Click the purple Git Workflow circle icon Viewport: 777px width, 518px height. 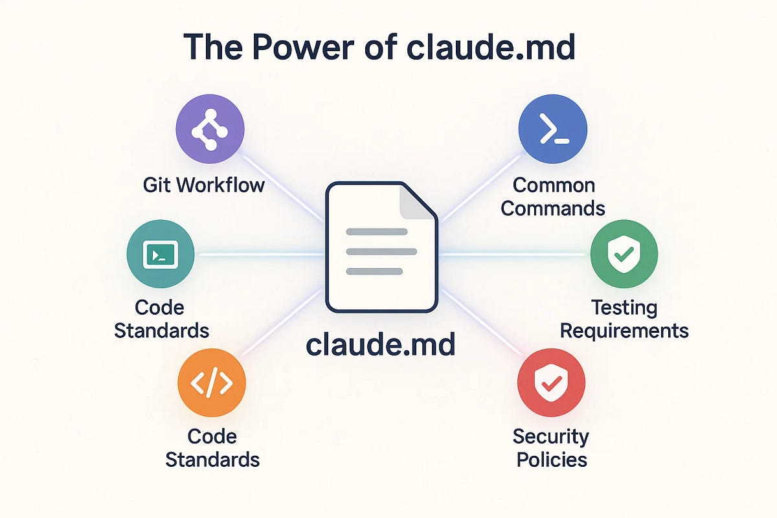210,128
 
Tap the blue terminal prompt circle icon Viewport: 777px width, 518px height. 552,128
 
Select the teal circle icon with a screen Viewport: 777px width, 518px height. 161,254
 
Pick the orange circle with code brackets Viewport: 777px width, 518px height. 212,383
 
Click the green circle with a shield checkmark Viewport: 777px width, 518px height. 624,254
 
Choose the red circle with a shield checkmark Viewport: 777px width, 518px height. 551,383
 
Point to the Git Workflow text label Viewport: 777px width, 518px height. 204,185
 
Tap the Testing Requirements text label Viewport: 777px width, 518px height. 624,319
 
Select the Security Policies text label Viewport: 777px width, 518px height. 550,447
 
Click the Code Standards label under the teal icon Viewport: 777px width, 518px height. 161,319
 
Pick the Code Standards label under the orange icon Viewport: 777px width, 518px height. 212,447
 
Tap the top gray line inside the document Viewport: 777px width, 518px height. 376,232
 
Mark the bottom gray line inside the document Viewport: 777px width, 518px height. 374,271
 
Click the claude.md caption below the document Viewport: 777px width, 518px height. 381,344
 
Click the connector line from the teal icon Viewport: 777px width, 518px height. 259,254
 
